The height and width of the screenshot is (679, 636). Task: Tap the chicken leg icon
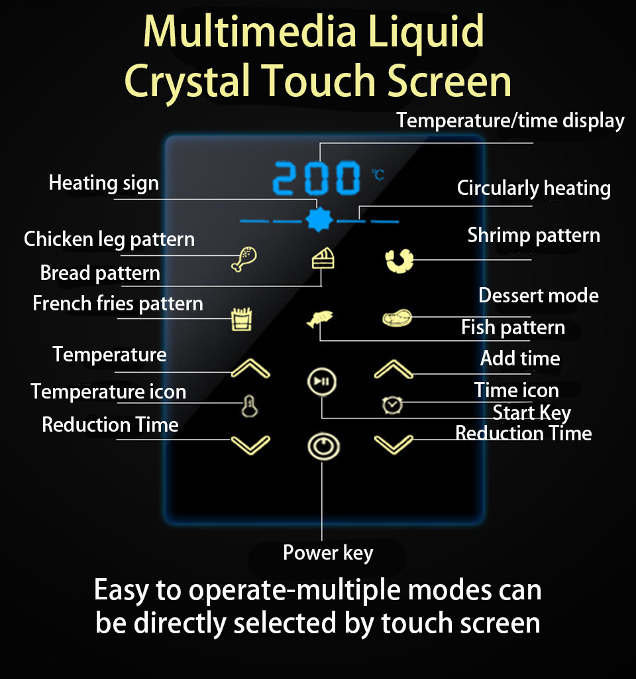244,259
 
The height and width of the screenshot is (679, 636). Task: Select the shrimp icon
399,260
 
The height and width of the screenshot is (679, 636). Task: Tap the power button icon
323,446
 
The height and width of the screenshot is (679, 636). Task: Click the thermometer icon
250,406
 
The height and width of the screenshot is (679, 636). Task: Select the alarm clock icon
393,404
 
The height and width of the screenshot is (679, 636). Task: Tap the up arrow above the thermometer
250,369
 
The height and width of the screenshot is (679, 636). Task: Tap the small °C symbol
378,174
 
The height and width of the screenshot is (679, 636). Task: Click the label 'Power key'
328,553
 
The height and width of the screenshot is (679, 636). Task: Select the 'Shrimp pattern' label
533,235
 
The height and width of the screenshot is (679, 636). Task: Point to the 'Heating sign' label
103,182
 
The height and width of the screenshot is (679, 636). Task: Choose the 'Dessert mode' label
538,296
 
